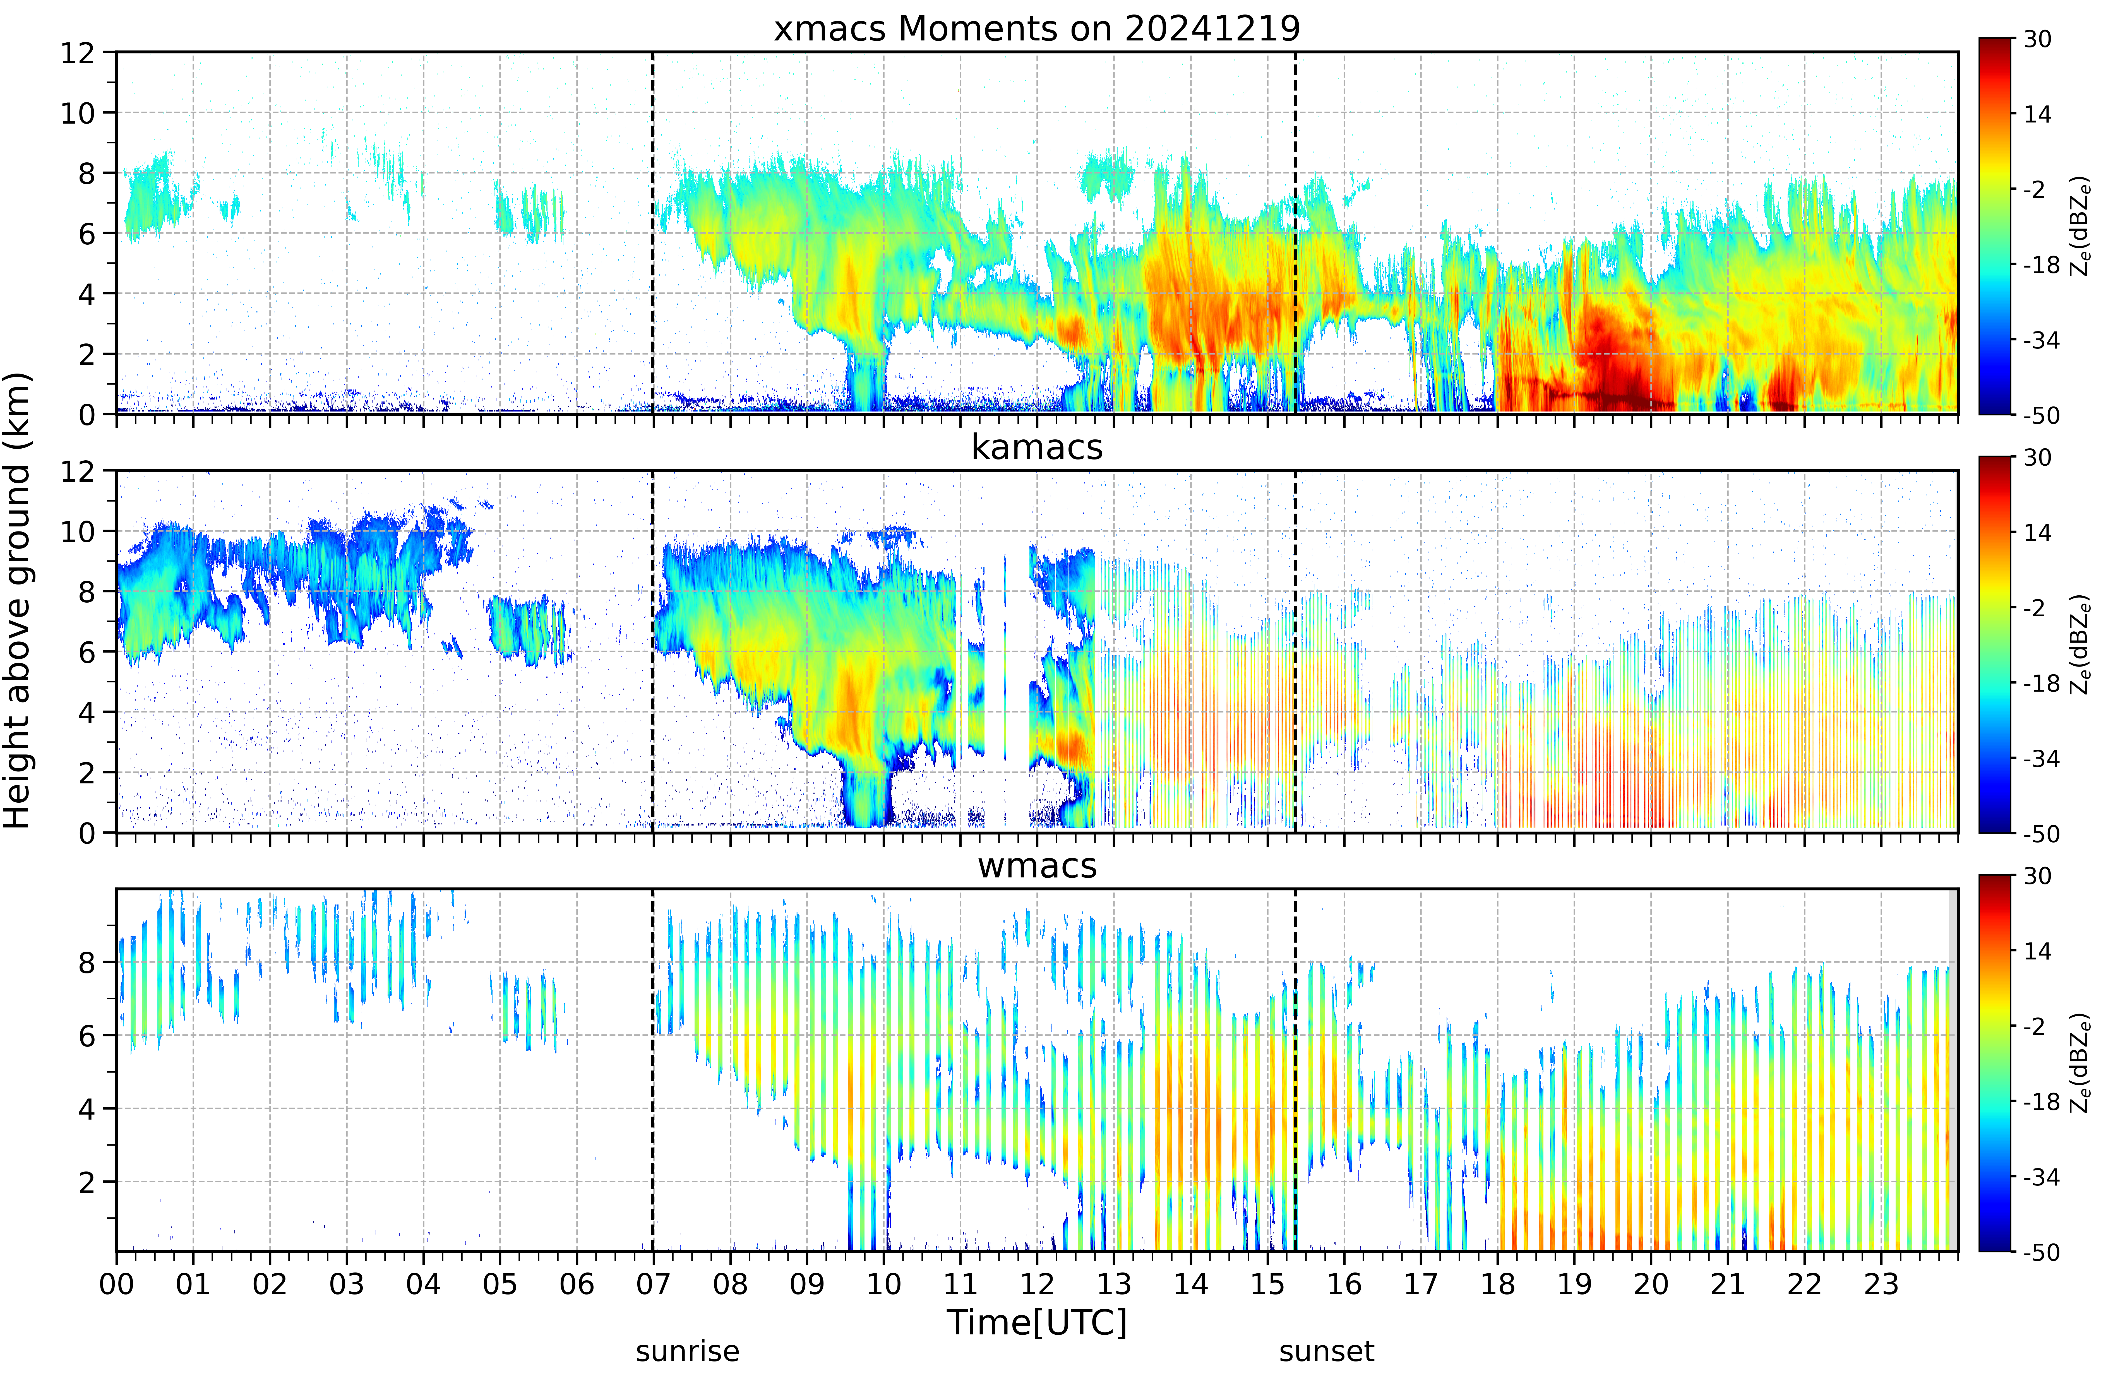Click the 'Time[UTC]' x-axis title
[x=1037, y=1323]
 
